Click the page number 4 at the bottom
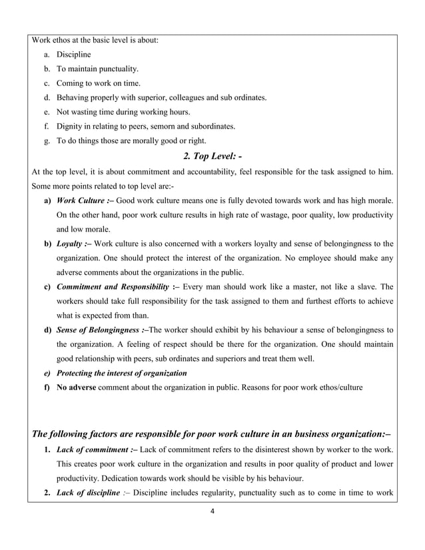pos(212,513)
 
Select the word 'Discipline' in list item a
pos(73,54)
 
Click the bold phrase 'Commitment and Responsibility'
pos(113,286)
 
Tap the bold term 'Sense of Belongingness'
pos(98,330)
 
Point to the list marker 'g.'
pos(47,140)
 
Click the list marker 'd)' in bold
pos(47,330)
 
